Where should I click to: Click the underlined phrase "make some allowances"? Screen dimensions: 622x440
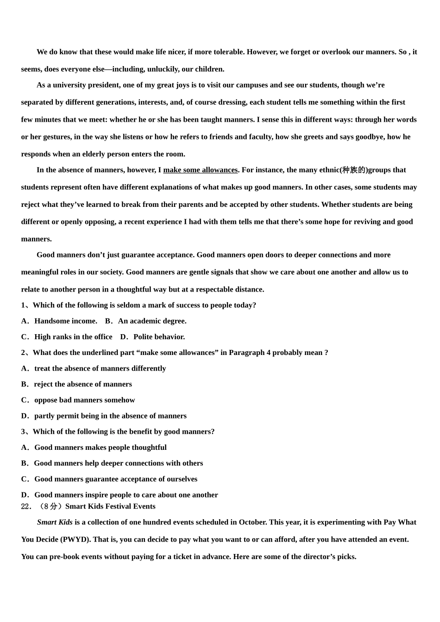[x=200, y=170]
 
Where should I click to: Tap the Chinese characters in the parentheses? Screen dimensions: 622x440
[x=354, y=170]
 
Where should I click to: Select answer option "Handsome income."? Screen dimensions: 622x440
[x=65, y=321]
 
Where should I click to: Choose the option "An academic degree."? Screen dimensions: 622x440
[x=152, y=321]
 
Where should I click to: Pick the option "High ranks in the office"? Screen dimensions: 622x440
[x=73, y=336]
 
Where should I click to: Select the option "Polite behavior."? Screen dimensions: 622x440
[x=159, y=336]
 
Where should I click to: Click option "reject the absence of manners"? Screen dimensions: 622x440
[x=82, y=384]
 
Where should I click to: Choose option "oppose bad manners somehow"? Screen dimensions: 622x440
[x=84, y=400]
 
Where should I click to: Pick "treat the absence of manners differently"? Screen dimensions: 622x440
[x=100, y=368]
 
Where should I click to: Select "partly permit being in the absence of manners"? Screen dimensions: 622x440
[x=110, y=416]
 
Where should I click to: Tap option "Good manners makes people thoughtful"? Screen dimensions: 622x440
[x=100, y=447]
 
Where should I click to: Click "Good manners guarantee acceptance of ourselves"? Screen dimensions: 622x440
[x=115, y=479]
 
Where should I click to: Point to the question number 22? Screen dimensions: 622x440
[x=26, y=506]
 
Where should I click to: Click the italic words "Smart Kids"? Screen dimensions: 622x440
[x=55, y=522]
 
